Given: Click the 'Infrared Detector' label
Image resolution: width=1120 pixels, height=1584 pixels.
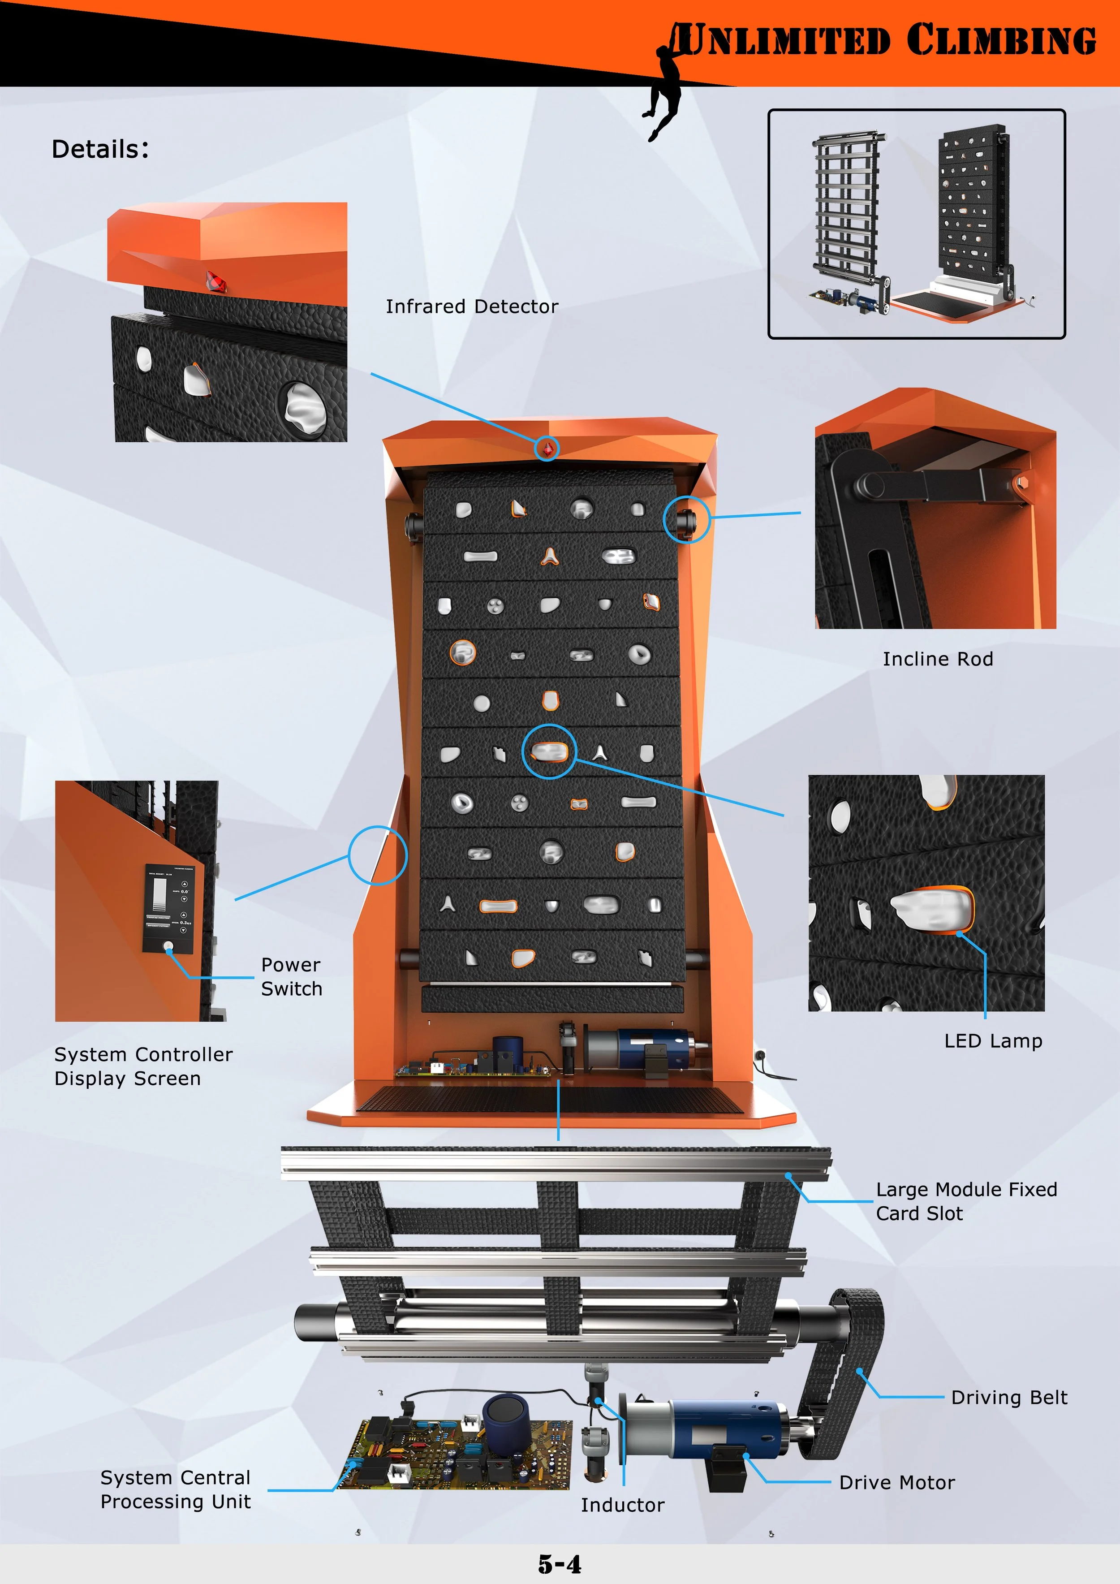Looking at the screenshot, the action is click(x=472, y=306).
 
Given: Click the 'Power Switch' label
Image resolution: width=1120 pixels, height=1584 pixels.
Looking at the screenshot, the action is click(x=291, y=976).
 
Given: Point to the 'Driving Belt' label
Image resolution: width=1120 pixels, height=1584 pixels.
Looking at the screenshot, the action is click(x=1008, y=1397).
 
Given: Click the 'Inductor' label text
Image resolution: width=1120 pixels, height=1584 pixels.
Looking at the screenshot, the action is click(x=622, y=1505).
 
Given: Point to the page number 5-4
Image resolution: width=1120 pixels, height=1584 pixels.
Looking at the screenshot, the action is click(x=559, y=1563).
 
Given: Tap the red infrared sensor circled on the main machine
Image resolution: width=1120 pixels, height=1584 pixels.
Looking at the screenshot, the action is click(x=547, y=449).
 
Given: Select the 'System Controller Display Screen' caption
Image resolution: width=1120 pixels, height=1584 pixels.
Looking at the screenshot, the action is click(x=143, y=1066).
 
